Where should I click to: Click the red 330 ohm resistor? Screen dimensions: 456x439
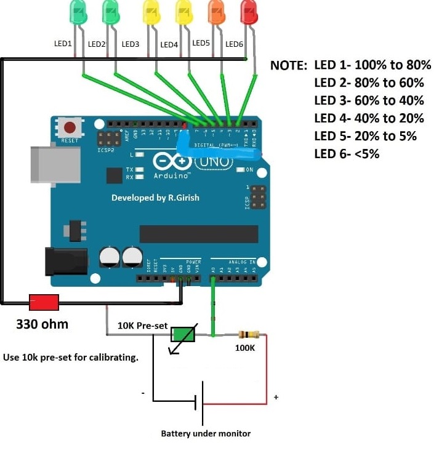pyautogui.click(x=44, y=303)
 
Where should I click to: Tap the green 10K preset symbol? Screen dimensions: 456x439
pyautogui.click(x=183, y=335)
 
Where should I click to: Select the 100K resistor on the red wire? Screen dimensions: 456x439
pyautogui.click(x=248, y=335)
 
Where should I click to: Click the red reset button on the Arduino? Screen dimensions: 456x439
pyautogui.click(x=70, y=129)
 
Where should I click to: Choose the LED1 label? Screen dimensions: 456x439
pyautogui.click(x=63, y=44)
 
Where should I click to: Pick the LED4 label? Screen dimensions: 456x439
pyautogui.click(x=169, y=45)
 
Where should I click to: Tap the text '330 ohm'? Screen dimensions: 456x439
pyautogui.click(x=42, y=324)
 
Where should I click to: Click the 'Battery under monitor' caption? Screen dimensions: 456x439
pyautogui.click(x=206, y=433)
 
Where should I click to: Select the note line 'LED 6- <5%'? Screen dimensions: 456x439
pyautogui.click(x=347, y=154)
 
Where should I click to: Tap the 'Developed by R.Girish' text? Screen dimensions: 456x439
pyautogui.click(x=155, y=198)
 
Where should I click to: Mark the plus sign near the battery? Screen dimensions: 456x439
pyautogui.click(x=276, y=398)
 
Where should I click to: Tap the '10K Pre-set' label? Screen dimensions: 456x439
pyautogui.click(x=142, y=324)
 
